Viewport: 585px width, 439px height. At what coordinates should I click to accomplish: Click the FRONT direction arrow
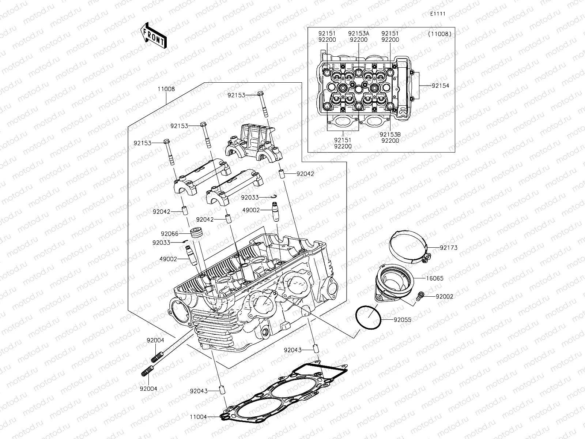coord(153,35)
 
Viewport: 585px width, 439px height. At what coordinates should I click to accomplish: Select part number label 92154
coord(440,86)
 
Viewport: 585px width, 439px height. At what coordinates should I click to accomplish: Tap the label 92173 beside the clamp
coord(449,248)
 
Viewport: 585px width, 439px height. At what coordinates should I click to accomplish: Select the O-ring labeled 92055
coord(369,318)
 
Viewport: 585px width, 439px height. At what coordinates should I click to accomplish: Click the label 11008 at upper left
coord(166,89)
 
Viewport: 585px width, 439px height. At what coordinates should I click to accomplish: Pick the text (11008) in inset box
coord(439,34)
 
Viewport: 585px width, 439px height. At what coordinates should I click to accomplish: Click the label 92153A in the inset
coord(358,34)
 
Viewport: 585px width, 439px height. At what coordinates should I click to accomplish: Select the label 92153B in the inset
coord(390,135)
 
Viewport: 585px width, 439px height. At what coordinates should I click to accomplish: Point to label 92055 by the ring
coord(402,320)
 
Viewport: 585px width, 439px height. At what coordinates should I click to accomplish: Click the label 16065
coord(434,278)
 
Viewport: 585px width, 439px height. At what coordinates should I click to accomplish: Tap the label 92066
coord(169,233)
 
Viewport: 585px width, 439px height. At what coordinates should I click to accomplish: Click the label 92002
coord(444,296)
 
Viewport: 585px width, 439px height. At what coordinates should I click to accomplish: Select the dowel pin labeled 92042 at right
coord(282,174)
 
